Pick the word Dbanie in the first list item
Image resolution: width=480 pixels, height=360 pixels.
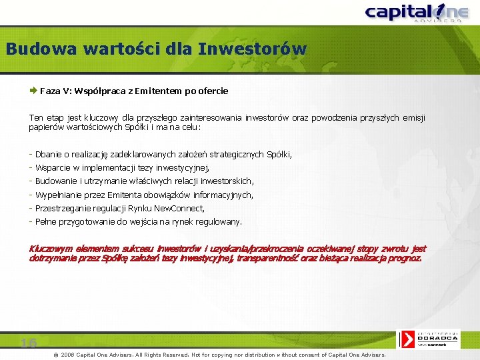(48, 154)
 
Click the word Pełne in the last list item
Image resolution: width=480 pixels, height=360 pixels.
(45, 221)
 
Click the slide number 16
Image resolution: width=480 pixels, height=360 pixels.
(28, 343)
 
